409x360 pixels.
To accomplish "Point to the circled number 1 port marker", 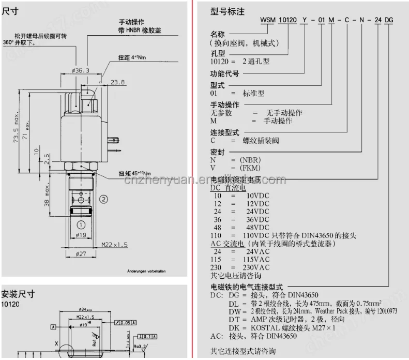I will [81, 224].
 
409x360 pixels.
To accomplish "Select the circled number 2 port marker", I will [103, 199].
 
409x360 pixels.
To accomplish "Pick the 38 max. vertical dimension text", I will [46, 196].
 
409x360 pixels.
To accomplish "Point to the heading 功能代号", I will [225, 73].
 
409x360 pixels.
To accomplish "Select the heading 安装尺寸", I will [18, 293].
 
